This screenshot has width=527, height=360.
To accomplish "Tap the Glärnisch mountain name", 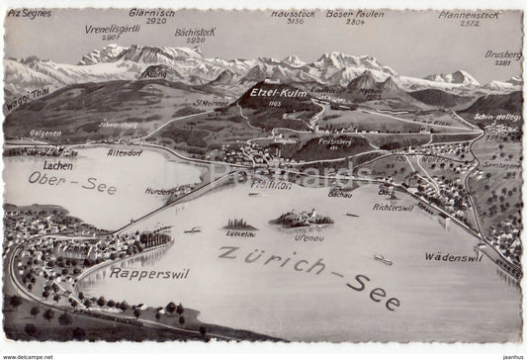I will pos(151,13).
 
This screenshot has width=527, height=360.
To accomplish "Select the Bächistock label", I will pos(195,32).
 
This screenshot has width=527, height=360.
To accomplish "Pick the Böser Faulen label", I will pos(355,14).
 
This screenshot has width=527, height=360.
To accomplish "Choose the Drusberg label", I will pos(502,54).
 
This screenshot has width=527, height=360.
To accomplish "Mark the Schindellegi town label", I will pos(496,117).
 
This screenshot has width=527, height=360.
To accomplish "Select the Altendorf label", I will pos(125,153).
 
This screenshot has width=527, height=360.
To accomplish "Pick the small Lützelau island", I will pos(240,225).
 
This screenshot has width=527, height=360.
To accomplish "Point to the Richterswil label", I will pos(394,207).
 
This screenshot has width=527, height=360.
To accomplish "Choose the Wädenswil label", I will pos(452,256).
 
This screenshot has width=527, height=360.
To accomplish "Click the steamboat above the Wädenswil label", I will pos(383,260).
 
